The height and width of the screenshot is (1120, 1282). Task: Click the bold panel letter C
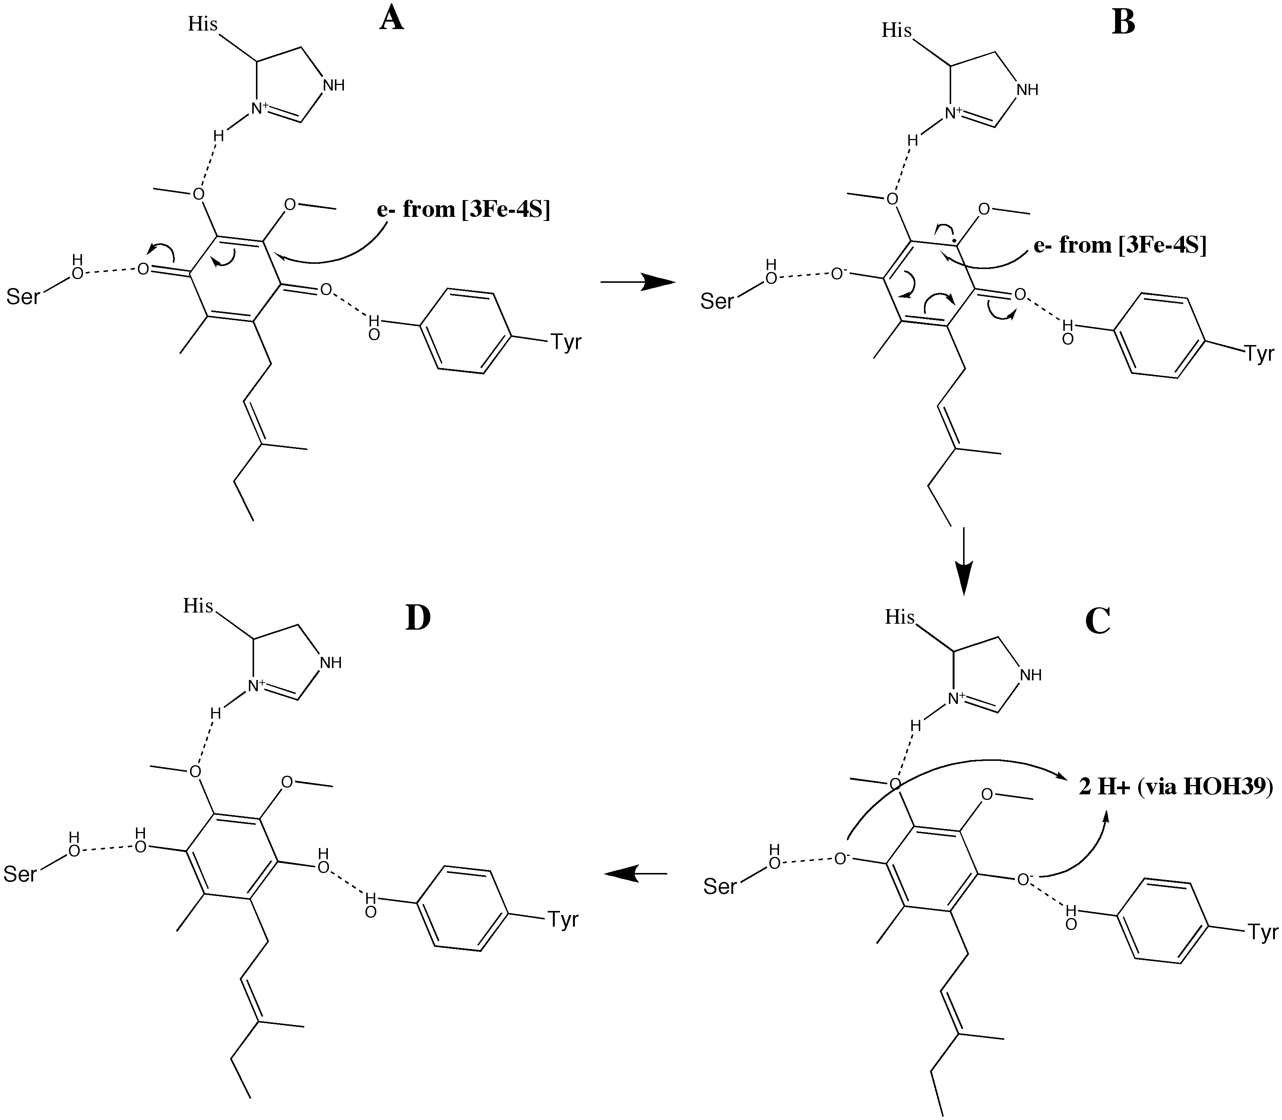pos(1097,621)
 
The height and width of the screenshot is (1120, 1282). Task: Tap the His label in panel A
pos(203,24)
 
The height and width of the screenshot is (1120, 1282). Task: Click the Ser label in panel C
pos(720,886)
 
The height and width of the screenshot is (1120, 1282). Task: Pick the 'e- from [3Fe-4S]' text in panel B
pos(1120,245)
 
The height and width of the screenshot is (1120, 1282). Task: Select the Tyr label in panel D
pos(563,920)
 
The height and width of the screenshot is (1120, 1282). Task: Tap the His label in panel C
pos(899,617)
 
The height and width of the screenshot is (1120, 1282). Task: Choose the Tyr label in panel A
pos(566,342)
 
